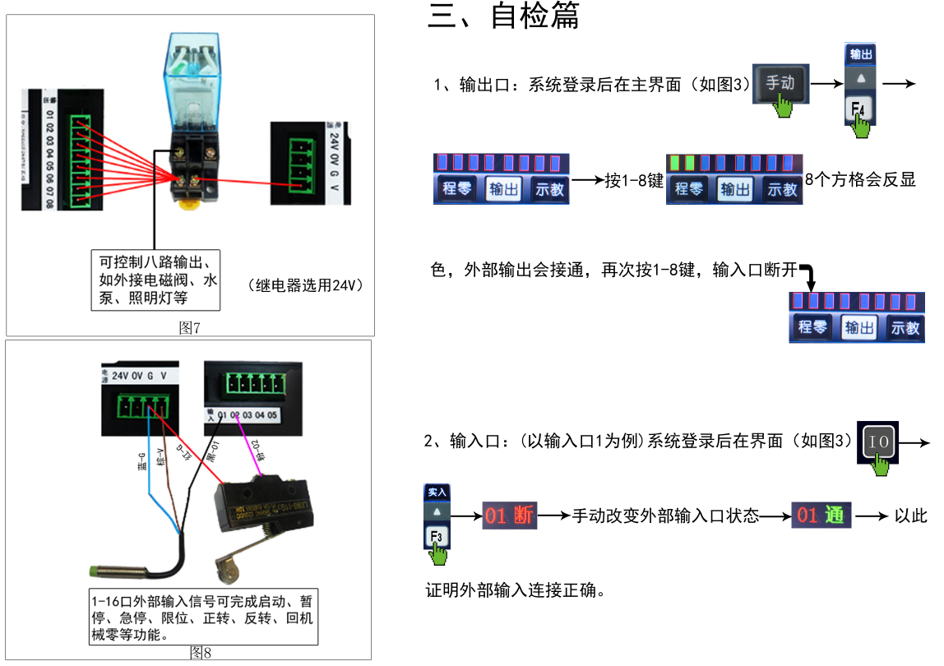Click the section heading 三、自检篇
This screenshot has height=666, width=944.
503,16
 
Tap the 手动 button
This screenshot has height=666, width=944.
780,83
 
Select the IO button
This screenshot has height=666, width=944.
878,442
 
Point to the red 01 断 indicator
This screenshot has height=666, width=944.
508,516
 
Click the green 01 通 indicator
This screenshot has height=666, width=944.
821,516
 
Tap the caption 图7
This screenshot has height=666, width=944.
190,328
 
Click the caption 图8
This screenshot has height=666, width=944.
201,653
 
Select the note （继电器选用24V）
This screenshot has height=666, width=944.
305,286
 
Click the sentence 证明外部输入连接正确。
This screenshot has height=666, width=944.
516,590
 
